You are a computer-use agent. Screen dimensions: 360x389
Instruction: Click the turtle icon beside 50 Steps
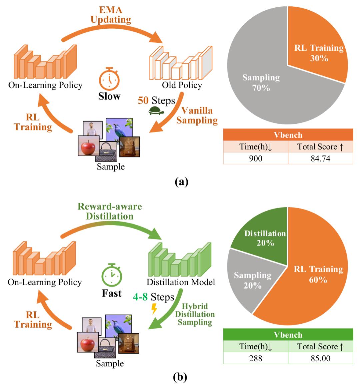click(x=156, y=111)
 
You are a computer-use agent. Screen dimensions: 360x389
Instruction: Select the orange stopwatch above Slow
click(x=109, y=78)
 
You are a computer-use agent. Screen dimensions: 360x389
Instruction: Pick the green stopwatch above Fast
click(x=112, y=275)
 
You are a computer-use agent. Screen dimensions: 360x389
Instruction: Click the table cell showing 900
click(x=256, y=158)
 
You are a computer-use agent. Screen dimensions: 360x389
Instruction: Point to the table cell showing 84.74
click(x=321, y=158)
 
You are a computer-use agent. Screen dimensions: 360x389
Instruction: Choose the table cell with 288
click(x=256, y=358)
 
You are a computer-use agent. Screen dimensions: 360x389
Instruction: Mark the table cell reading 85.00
click(x=321, y=358)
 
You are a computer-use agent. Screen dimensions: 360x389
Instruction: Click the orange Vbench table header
click(x=288, y=135)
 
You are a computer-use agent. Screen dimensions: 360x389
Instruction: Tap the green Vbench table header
click(x=288, y=335)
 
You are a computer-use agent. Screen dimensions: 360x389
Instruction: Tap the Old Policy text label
click(x=182, y=85)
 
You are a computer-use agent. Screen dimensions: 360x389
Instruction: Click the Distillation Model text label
click(x=181, y=282)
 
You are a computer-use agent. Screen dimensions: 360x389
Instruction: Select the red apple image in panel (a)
click(x=89, y=146)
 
